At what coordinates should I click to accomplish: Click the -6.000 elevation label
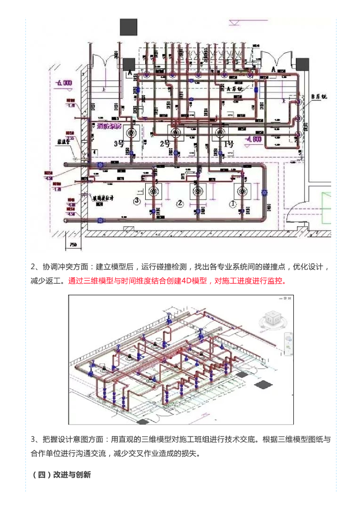pos(64,83)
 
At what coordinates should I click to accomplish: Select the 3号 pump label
pos(119,144)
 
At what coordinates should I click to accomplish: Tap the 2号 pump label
pos(165,144)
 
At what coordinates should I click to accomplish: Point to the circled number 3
pos(137,201)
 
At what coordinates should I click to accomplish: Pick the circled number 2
pos(180,203)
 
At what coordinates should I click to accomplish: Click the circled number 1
pos(232,203)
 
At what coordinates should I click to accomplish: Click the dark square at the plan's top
pos(128,27)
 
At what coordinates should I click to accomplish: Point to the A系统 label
pos(234,88)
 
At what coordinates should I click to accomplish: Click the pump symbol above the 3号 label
pos(132,133)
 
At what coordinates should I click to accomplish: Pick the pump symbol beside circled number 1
pos(242,192)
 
